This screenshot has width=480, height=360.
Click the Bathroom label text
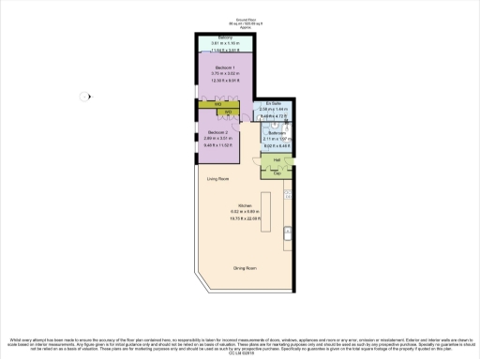(277, 132)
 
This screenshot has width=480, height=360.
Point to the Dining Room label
(246, 269)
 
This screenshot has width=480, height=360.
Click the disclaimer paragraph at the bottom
(240, 342)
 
